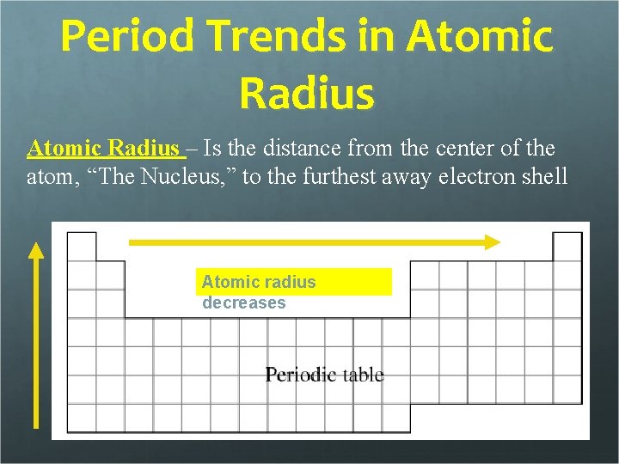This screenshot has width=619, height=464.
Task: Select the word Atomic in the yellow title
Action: [480, 39]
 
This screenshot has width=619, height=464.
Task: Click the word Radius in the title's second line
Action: [307, 93]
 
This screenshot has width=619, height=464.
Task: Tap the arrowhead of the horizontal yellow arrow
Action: [492, 242]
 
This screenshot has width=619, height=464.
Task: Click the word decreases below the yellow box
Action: [244, 303]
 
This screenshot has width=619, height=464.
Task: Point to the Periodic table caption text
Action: [324, 375]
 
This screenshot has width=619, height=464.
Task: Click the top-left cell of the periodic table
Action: [82, 246]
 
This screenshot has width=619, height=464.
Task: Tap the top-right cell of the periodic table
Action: [567, 246]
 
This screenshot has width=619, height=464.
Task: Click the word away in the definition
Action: [417, 176]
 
